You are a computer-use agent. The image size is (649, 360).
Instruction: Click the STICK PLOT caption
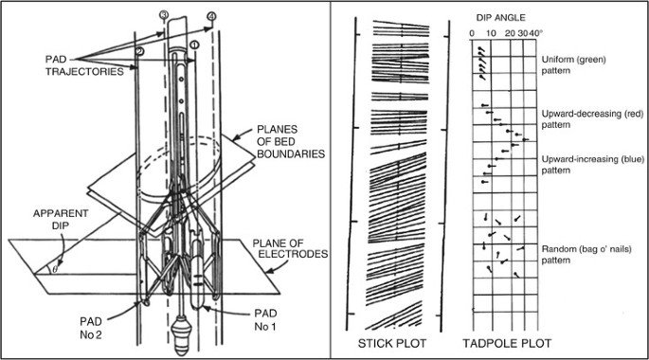coord(391,343)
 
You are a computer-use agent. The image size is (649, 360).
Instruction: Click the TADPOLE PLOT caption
coord(507,343)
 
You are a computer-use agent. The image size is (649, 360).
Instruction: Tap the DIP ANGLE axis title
coord(500,18)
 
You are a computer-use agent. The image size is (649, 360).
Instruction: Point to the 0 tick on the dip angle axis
coord(472,33)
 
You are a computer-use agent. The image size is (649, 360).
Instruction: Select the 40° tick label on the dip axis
coord(535,33)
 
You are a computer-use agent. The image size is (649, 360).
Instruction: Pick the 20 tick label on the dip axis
coord(510,33)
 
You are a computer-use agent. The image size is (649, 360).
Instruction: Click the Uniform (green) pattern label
coord(573,65)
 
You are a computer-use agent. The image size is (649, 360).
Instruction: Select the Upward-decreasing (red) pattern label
coord(593,119)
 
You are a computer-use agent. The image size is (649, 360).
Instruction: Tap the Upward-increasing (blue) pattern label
coord(593,165)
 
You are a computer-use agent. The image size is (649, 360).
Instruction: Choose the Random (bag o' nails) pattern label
coord(586,255)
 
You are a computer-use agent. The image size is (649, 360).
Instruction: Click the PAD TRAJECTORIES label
coord(84,65)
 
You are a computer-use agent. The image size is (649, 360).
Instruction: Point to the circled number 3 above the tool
coord(164,15)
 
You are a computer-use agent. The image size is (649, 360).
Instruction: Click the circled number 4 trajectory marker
coord(211,16)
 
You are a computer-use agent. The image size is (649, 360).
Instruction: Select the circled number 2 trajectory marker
coord(139,51)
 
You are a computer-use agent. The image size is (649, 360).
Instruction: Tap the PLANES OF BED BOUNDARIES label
coord(291,141)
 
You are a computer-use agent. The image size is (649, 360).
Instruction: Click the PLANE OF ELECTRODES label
coord(290,248)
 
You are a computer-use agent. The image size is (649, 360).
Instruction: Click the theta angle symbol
coord(55,269)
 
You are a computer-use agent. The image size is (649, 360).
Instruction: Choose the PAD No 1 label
coord(265,320)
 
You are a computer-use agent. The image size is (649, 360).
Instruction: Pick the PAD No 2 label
coord(91,328)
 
